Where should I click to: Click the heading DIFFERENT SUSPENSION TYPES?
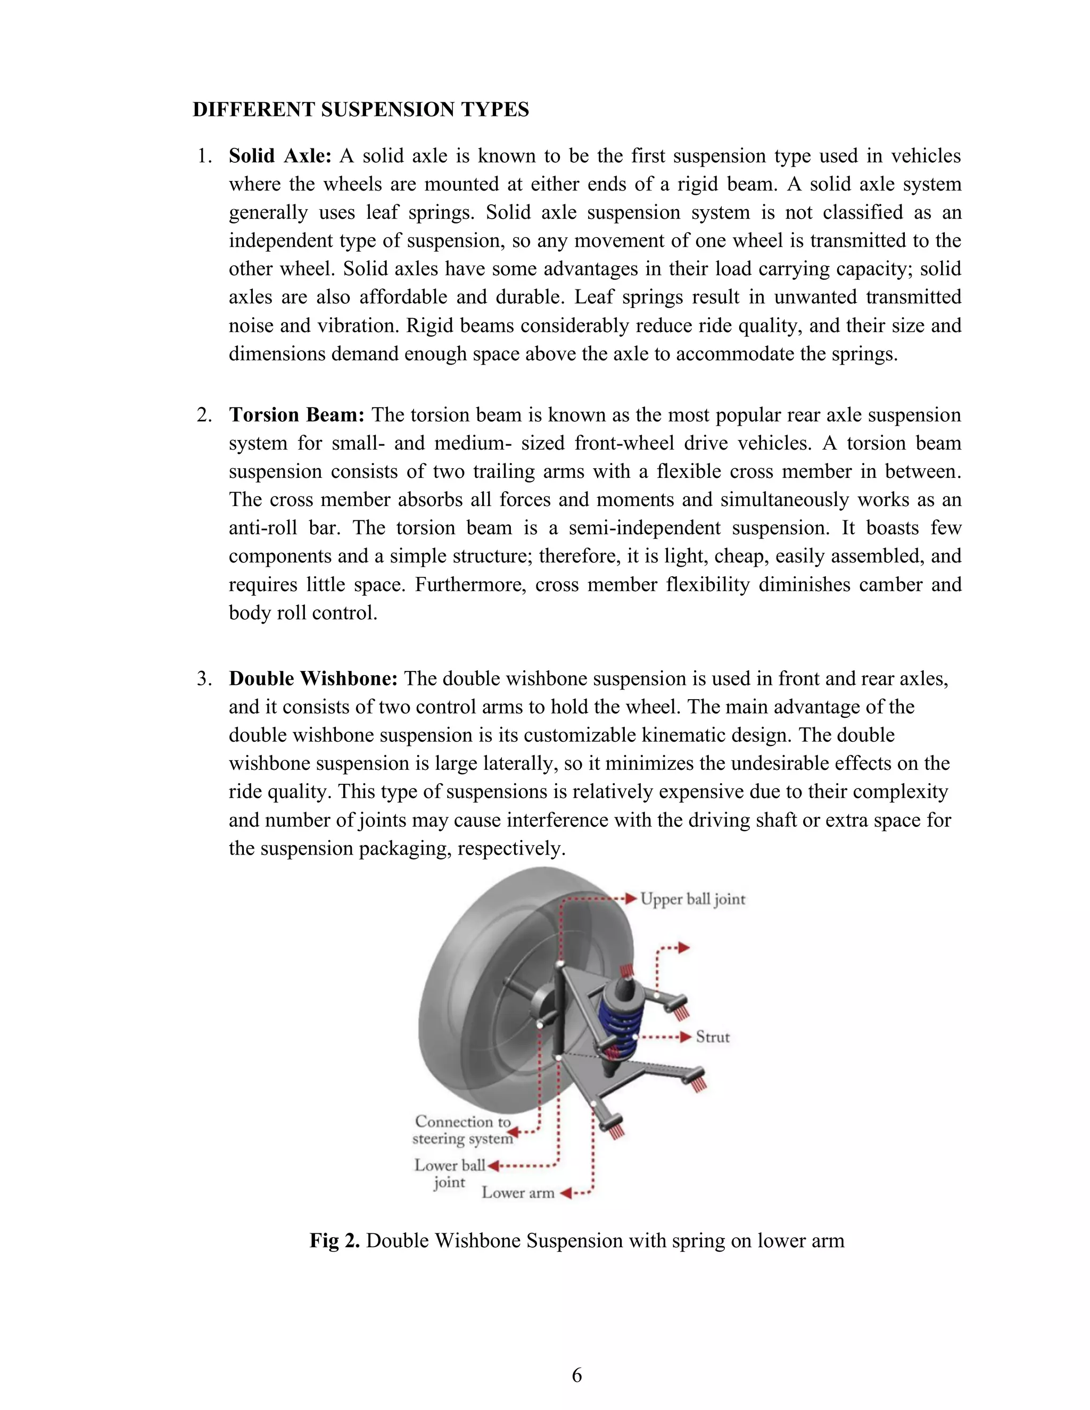click(x=360, y=109)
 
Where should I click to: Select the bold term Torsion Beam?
click(x=296, y=414)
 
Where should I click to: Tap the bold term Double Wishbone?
click(x=312, y=678)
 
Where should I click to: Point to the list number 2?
click(x=204, y=414)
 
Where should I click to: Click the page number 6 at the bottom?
click(x=576, y=1375)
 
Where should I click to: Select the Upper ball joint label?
click(x=692, y=899)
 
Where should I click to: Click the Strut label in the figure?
click(x=712, y=1038)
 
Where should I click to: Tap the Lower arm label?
click(x=518, y=1193)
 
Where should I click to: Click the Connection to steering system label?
click(x=463, y=1130)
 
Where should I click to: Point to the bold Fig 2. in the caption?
click(x=334, y=1240)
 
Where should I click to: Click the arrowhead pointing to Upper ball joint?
click(x=632, y=899)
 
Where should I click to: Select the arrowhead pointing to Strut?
click(x=686, y=1038)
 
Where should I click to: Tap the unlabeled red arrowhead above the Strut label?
click(x=684, y=948)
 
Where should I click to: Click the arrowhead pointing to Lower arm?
click(x=566, y=1193)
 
